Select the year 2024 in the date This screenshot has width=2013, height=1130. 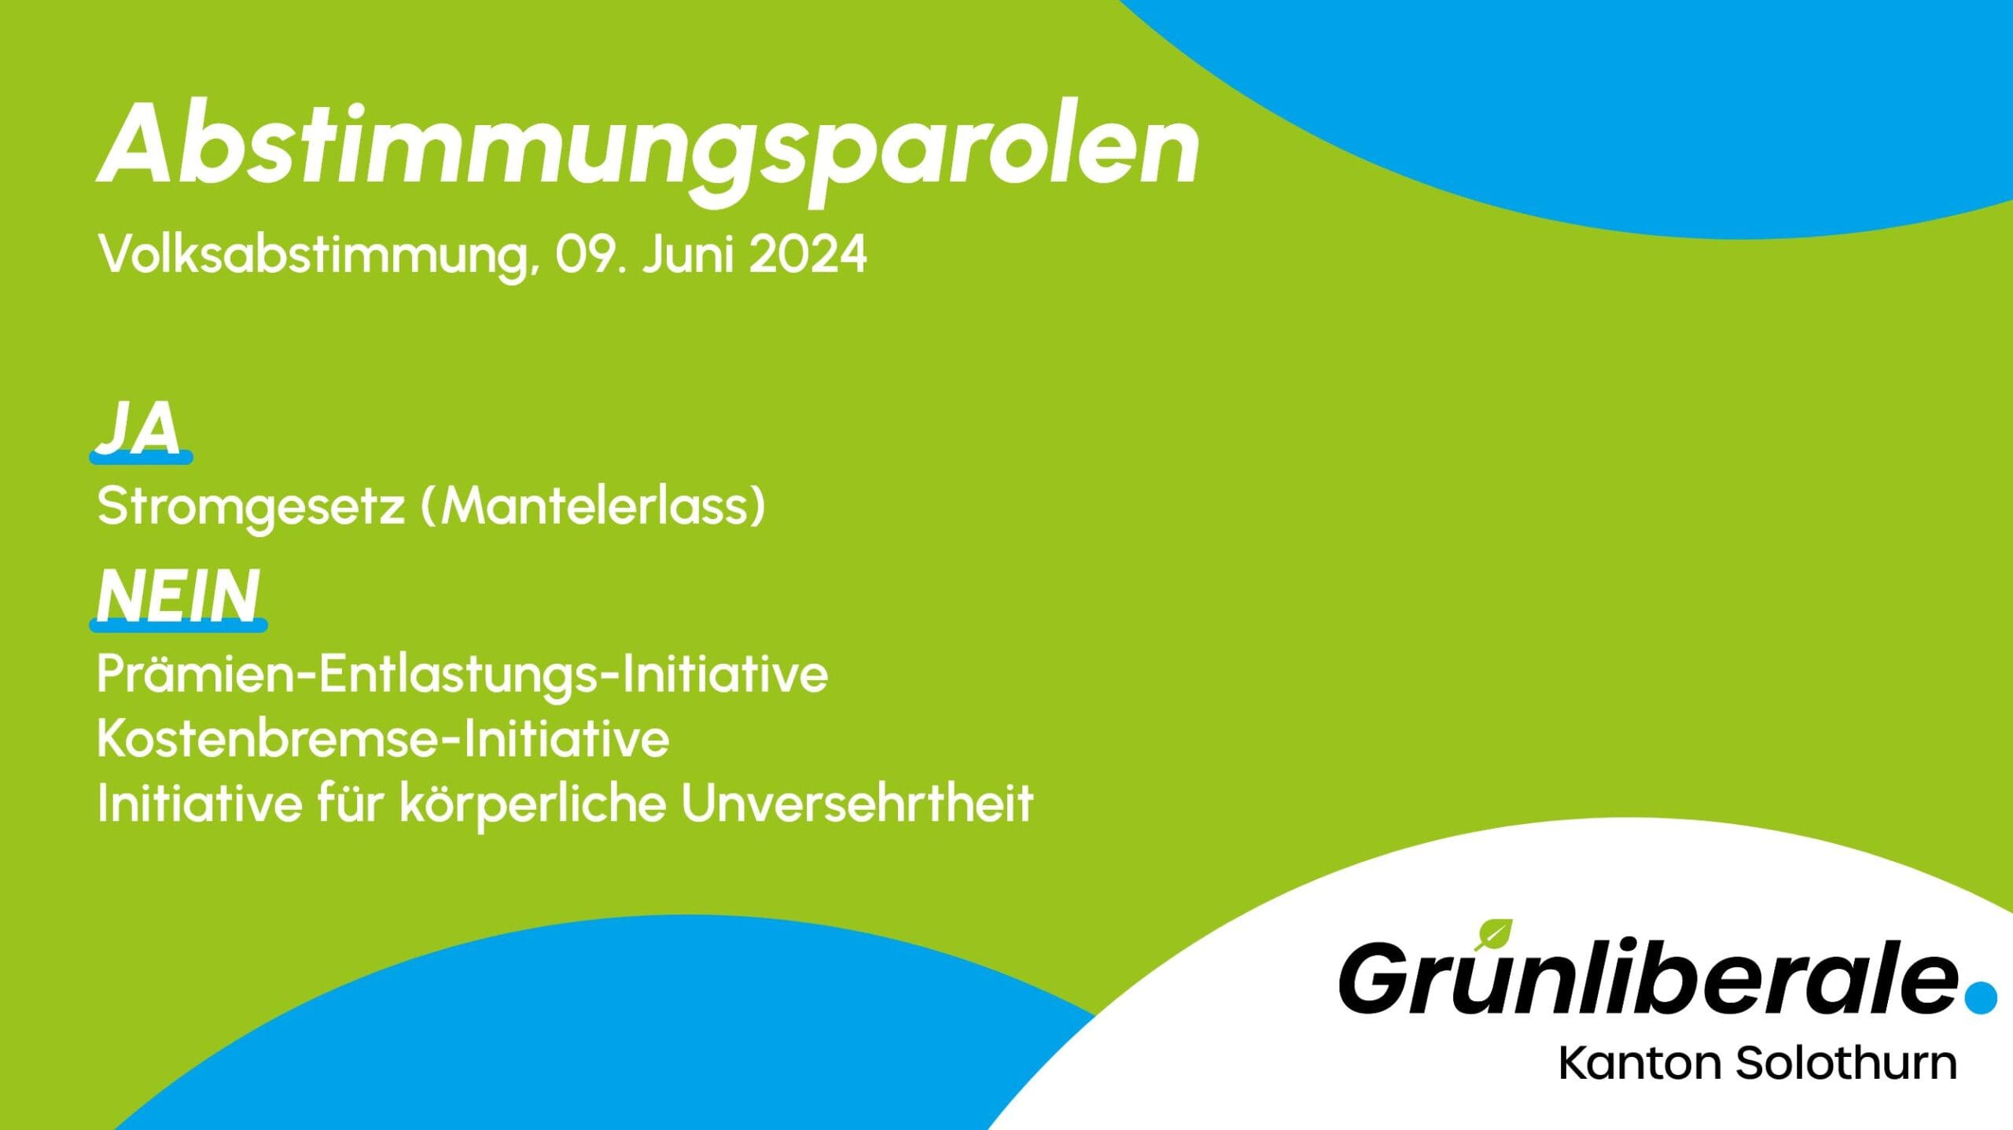tap(808, 253)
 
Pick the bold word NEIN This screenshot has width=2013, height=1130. tap(178, 595)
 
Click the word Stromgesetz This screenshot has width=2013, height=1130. tap(251, 507)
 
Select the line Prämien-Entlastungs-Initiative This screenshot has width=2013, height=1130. tap(462, 675)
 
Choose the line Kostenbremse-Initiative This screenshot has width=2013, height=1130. tap(383, 738)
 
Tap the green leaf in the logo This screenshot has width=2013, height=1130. tap(1493, 935)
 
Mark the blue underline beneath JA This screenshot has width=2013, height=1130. tap(141, 457)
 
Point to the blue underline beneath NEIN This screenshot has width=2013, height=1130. tap(178, 625)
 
